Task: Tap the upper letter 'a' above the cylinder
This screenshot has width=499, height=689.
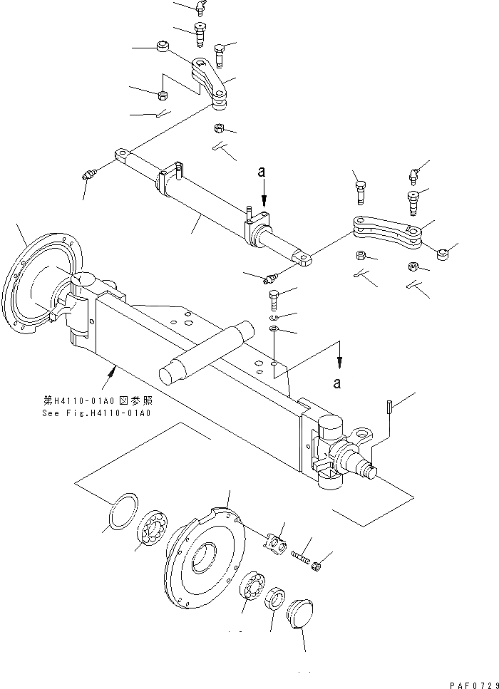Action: point(263,172)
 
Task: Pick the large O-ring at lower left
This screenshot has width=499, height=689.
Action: point(120,511)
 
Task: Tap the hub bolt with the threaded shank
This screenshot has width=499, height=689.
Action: point(302,553)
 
